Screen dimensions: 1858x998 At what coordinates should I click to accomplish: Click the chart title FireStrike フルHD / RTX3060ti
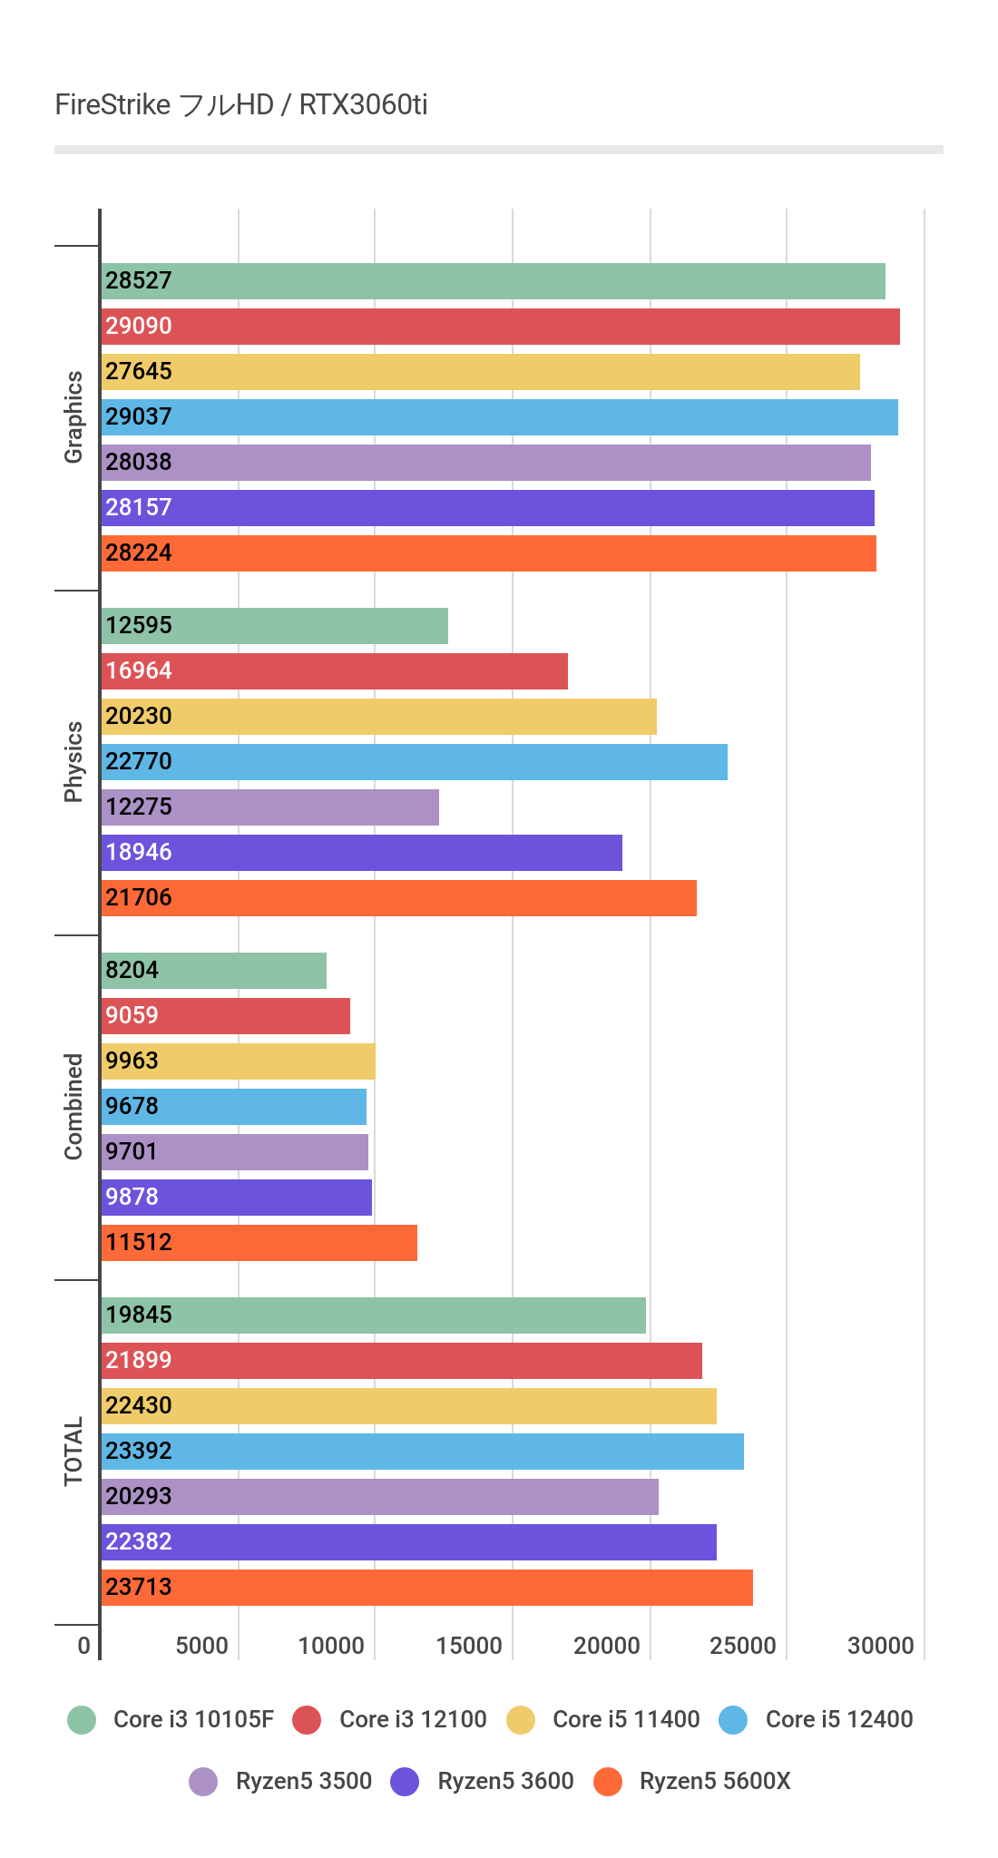point(240,105)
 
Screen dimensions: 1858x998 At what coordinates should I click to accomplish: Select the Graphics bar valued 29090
point(500,327)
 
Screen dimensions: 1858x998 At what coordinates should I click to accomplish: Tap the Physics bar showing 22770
point(414,762)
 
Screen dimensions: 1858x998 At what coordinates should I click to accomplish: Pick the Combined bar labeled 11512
point(259,1243)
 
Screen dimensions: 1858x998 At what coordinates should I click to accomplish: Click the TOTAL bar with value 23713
point(426,1588)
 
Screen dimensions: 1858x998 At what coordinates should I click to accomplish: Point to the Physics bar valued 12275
point(269,807)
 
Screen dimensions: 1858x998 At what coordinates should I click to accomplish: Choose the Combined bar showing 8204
point(213,971)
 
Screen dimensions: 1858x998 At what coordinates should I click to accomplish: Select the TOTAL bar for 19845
point(373,1315)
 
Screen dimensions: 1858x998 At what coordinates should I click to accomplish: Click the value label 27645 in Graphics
point(139,372)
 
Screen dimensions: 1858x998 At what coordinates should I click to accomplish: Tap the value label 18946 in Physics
point(139,853)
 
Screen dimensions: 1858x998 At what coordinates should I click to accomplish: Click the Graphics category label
point(73,417)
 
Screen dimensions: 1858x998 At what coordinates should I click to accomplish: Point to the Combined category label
point(73,1107)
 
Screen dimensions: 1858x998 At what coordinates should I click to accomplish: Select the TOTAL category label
point(73,1452)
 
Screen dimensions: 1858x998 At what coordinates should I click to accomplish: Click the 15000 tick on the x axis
point(469,1647)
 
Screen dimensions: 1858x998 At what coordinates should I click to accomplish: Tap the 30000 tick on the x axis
point(880,1647)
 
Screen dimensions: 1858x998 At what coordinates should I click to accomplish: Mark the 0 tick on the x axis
point(84,1647)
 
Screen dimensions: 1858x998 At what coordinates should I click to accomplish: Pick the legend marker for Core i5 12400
point(733,1720)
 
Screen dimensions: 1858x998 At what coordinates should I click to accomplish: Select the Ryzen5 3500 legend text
point(303,1782)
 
